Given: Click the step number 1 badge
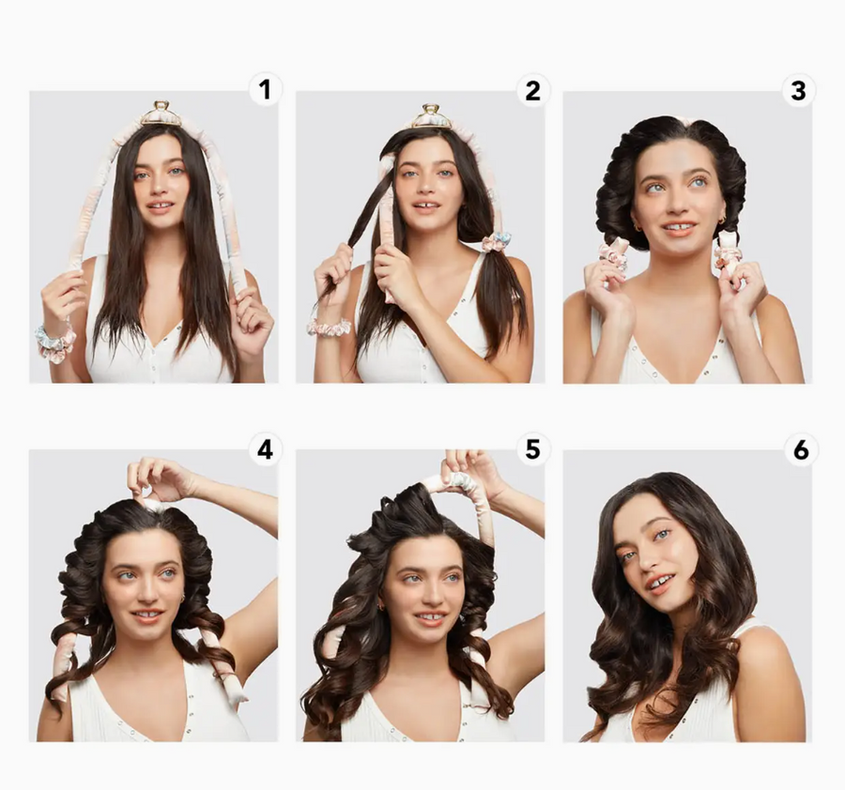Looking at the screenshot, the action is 265,89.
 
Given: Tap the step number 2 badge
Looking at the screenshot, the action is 532,90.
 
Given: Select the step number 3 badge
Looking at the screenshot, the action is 799,90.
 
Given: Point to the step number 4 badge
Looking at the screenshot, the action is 265,449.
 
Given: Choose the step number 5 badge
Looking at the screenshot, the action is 532,449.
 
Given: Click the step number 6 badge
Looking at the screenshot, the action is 801,449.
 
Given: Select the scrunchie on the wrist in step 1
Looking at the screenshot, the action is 55,343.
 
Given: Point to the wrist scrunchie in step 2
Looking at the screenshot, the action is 329,327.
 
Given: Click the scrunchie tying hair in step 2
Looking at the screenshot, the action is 496,242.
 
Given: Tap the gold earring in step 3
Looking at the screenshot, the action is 721,220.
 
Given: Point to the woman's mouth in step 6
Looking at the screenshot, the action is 660,584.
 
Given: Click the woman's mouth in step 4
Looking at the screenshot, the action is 147,614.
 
